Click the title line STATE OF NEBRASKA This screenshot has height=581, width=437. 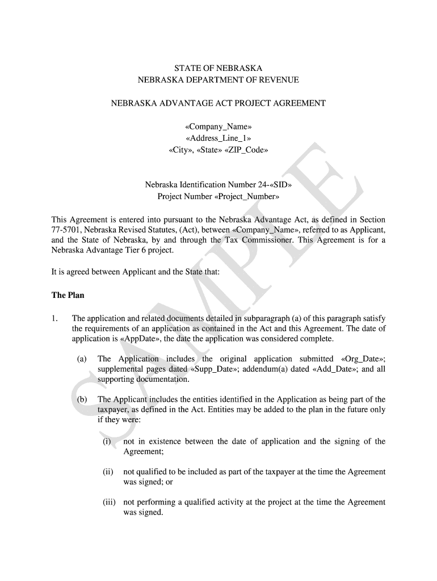218,69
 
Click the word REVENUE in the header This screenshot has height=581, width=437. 278,80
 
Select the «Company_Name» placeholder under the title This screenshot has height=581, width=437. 218,127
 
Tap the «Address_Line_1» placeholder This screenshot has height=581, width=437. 218,138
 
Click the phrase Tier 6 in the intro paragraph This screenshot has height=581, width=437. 137,250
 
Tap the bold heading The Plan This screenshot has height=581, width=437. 68,295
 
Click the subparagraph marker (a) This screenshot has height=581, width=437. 82,359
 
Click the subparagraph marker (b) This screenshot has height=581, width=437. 82,399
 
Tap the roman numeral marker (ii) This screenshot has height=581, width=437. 108,472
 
